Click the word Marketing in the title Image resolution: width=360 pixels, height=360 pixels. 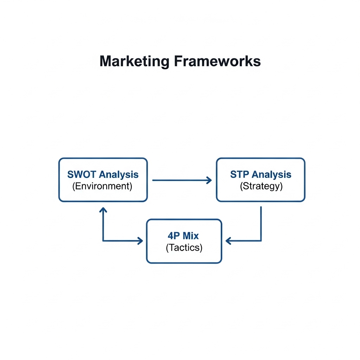pyautogui.click(x=134, y=62)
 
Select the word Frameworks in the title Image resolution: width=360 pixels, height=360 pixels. pyautogui.click(x=217, y=61)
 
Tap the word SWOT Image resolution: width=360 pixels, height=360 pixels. pyautogui.click(x=82, y=174)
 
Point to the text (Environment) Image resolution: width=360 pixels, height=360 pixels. pyautogui.click(x=102, y=186)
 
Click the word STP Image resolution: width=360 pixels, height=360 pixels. pyautogui.click(x=239, y=174)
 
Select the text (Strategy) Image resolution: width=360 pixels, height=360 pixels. pyautogui.click(x=261, y=186)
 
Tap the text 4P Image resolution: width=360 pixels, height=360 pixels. pyautogui.click(x=174, y=236)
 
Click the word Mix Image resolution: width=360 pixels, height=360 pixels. pyautogui.click(x=191, y=236)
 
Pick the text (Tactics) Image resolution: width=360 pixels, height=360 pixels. pyautogui.click(x=184, y=247)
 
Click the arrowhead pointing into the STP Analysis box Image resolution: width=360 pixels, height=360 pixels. pyautogui.click(x=209, y=180)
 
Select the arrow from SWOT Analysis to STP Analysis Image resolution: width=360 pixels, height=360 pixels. pyautogui.click(x=182, y=180)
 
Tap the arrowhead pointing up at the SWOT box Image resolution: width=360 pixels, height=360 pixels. pyautogui.click(x=103, y=210)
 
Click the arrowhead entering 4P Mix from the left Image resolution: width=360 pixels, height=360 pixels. pyautogui.click(x=140, y=241)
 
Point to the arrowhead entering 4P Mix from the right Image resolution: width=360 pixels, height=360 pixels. pyautogui.click(x=228, y=241)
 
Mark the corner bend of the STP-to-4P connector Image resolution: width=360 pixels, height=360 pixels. pyautogui.click(x=261, y=241)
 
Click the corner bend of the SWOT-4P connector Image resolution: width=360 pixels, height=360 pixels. pyautogui.click(x=103, y=241)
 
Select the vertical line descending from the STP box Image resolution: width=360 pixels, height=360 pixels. pyautogui.click(x=261, y=224)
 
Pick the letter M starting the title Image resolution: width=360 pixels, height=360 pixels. pyautogui.click(x=105, y=61)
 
